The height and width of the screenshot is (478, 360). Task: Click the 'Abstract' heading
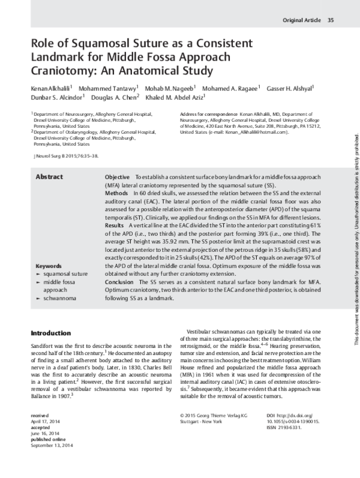[50, 177]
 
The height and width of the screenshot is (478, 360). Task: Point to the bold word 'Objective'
[118, 178]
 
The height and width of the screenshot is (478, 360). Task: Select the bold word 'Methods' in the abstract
[116, 194]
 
